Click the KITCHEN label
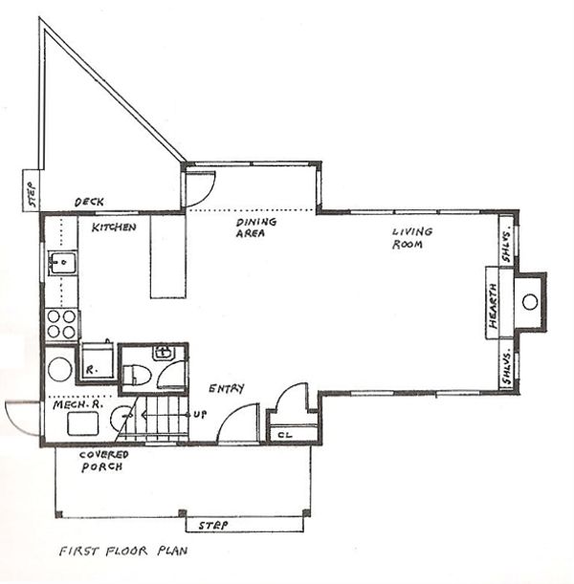point(114,227)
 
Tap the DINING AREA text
point(256,227)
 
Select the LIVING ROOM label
point(412,237)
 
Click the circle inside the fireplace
point(529,302)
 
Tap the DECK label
point(89,203)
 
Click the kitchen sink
point(62,263)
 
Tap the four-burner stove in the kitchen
point(61,324)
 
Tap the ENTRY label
point(226,388)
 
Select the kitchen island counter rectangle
point(167,256)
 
